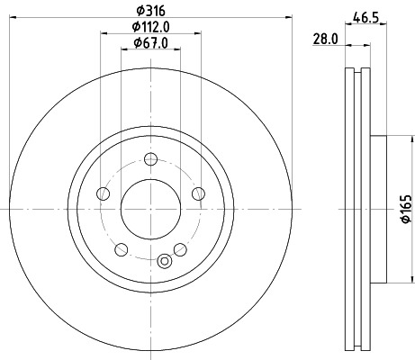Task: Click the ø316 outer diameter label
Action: click(x=148, y=10)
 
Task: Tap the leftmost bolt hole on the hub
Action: click(x=104, y=193)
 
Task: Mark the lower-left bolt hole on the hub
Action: click(x=121, y=248)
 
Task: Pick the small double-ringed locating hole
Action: click(x=164, y=261)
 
